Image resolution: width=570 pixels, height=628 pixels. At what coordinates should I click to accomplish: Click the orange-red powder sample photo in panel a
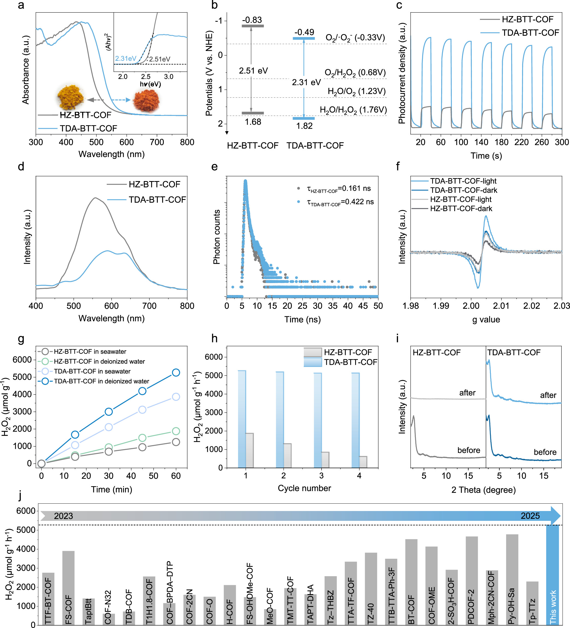(146, 100)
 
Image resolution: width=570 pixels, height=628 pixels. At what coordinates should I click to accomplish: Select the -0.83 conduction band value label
(252, 20)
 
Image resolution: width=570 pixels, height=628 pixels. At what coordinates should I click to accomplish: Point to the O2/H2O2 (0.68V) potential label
(355, 73)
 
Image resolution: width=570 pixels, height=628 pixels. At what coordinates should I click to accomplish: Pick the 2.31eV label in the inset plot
(125, 59)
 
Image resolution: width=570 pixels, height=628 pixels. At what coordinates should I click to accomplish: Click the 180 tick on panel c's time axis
(501, 142)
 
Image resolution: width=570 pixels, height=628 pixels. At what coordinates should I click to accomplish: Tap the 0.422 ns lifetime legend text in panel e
(340, 202)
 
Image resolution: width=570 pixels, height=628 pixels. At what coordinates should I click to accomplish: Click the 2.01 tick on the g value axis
(501, 306)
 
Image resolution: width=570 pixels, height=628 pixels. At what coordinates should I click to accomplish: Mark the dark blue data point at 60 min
(176, 372)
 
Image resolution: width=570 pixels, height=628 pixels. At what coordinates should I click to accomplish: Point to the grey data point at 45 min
(142, 447)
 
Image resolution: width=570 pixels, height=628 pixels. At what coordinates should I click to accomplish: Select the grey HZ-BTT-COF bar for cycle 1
(250, 450)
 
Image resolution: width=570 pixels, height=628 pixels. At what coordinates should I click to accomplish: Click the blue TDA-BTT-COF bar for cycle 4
(355, 420)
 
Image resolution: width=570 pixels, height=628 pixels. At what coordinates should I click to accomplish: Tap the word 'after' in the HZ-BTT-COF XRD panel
(467, 393)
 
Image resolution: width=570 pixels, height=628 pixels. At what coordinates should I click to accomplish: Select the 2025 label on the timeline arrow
(530, 516)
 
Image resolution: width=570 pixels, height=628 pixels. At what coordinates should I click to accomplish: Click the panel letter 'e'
(215, 167)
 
